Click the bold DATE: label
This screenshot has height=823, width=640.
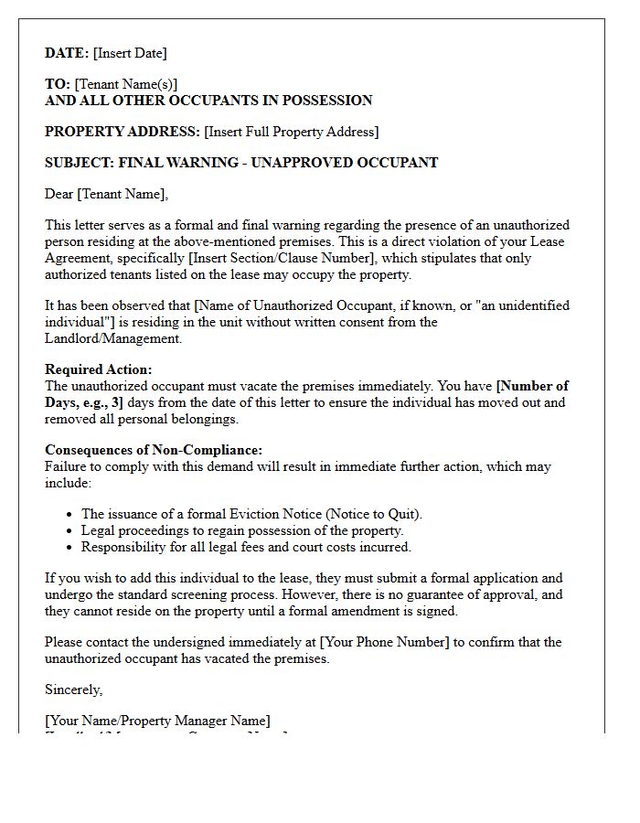[x=67, y=53]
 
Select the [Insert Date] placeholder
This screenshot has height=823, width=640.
[x=130, y=53]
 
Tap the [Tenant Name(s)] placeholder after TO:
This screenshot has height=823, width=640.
[x=126, y=84]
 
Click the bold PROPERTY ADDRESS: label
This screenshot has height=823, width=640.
[x=123, y=132]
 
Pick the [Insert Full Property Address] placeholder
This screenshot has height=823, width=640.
[x=291, y=132]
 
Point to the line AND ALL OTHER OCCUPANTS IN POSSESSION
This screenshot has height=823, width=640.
[x=208, y=101]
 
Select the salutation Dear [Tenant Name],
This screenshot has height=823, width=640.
[x=107, y=194]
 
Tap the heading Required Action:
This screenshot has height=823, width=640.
[x=99, y=369]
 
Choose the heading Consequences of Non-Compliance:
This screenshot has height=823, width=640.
[x=154, y=450]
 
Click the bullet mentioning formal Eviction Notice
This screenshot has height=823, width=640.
[x=251, y=514]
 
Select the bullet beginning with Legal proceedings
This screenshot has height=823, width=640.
[x=242, y=530]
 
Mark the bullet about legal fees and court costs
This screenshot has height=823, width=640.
[x=246, y=547]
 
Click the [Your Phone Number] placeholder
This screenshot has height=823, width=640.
[x=384, y=642]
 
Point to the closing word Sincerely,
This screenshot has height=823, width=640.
[x=74, y=689]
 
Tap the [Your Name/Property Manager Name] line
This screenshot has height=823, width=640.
[x=157, y=721]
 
